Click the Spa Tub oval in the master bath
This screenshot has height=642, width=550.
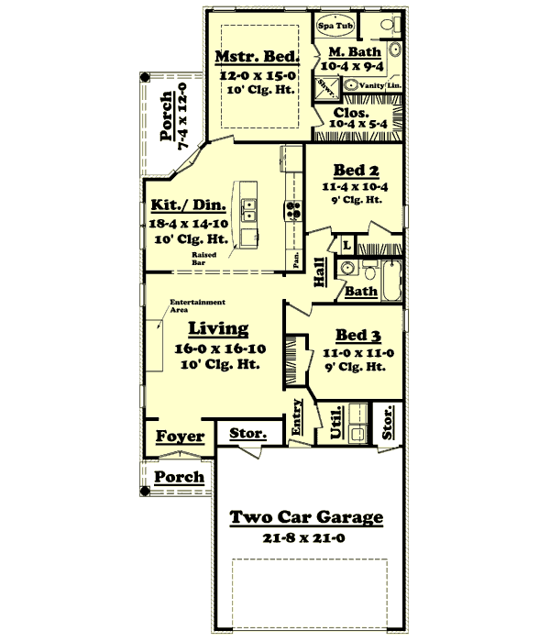pyautogui.click(x=335, y=26)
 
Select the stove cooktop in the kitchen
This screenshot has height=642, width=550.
pyautogui.click(x=294, y=210)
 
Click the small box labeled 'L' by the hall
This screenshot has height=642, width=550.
pyautogui.click(x=346, y=246)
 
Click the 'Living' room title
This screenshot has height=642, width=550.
pyautogui.click(x=218, y=327)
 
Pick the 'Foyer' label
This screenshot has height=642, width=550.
pyautogui.click(x=180, y=437)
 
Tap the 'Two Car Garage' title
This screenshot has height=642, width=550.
pyautogui.click(x=306, y=518)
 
